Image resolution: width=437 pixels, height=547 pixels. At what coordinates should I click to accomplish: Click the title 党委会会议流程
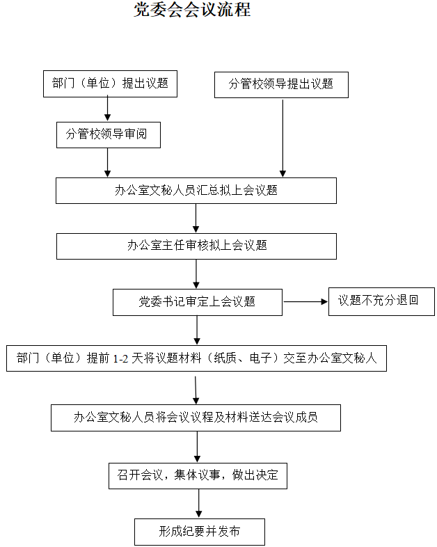click(192, 10)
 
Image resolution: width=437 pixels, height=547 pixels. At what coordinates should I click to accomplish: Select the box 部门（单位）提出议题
click(110, 84)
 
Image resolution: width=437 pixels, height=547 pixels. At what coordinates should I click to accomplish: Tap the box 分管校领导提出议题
click(281, 84)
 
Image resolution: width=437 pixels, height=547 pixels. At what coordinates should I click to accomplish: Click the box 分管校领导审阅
click(108, 135)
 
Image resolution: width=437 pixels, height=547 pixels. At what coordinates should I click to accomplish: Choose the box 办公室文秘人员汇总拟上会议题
click(196, 191)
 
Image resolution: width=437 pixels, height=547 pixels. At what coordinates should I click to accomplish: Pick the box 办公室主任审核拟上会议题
click(196, 246)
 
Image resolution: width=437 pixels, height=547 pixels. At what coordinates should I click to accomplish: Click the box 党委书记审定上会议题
click(197, 302)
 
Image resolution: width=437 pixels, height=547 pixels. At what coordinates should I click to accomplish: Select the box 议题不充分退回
click(381, 301)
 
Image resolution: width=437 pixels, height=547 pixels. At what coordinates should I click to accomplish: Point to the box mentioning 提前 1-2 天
click(196, 358)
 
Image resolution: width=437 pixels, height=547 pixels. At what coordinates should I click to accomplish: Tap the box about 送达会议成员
click(196, 418)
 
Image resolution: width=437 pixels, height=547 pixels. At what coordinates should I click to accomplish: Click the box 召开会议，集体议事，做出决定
click(198, 475)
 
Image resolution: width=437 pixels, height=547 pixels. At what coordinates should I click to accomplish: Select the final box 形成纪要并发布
click(199, 532)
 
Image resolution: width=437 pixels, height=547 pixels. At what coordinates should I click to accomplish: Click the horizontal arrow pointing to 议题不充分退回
click(305, 302)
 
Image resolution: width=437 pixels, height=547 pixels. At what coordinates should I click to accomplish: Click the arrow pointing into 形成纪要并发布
click(199, 503)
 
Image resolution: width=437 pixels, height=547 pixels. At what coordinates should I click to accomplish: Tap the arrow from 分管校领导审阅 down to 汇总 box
click(108, 163)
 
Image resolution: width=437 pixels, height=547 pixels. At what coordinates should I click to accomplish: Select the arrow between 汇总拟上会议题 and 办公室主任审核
click(196, 218)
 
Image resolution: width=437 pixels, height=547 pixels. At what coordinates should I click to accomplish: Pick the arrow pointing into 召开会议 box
click(198, 446)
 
